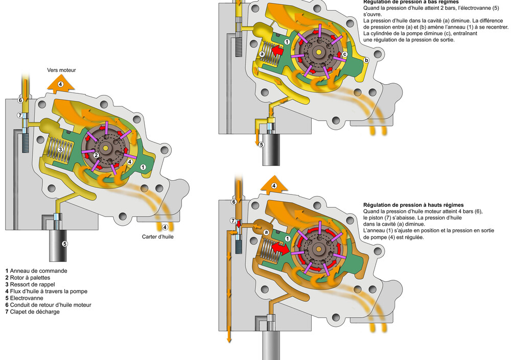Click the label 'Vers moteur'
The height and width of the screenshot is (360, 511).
pyautogui.click(x=61, y=70)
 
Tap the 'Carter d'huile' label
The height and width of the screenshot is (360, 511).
pyautogui.click(x=159, y=236)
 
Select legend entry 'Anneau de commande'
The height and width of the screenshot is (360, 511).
pyautogui.click(x=36, y=271)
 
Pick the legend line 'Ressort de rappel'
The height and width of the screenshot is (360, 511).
pyautogui.click(x=34, y=284)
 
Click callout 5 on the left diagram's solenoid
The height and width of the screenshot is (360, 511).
pyautogui.click(x=65, y=244)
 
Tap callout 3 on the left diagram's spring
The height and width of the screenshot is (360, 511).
pyautogui.click(x=60, y=149)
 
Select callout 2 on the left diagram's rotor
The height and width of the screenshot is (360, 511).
pyautogui.click(x=96, y=155)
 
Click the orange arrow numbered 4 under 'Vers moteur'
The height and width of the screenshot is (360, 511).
pyautogui.click(x=60, y=84)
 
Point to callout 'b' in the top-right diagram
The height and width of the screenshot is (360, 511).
pyautogui.click(x=366, y=60)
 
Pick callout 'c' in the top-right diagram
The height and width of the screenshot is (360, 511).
pyautogui.click(x=344, y=54)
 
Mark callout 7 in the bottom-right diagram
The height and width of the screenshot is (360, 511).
pyautogui.click(x=233, y=221)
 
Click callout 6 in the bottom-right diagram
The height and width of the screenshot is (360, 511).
pyautogui.click(x=234, y=202)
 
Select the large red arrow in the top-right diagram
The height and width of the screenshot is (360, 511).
pyautogui.click(x=277, y=51)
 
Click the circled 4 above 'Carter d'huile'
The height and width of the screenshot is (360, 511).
pyautogui.click(x=165, y=227)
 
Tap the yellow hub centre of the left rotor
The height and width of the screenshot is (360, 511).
pyautogui.click(x=106, y=148)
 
